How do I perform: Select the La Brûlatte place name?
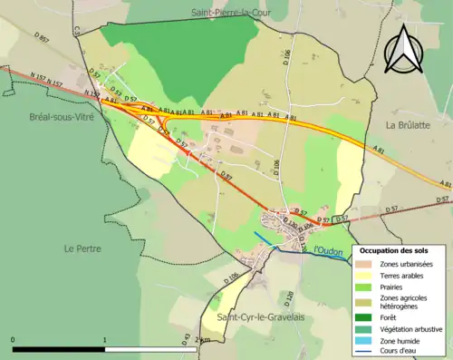(x=408, y=123)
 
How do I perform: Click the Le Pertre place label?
(x=82, y=248)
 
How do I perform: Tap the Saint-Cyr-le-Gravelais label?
(x=261, y=316)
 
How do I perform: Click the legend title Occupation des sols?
(x=394, y=250)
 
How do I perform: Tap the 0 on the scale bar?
(x=13, y=340)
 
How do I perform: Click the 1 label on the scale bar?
(x=105, y=340)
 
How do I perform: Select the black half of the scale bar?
(x=59, y=349)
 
